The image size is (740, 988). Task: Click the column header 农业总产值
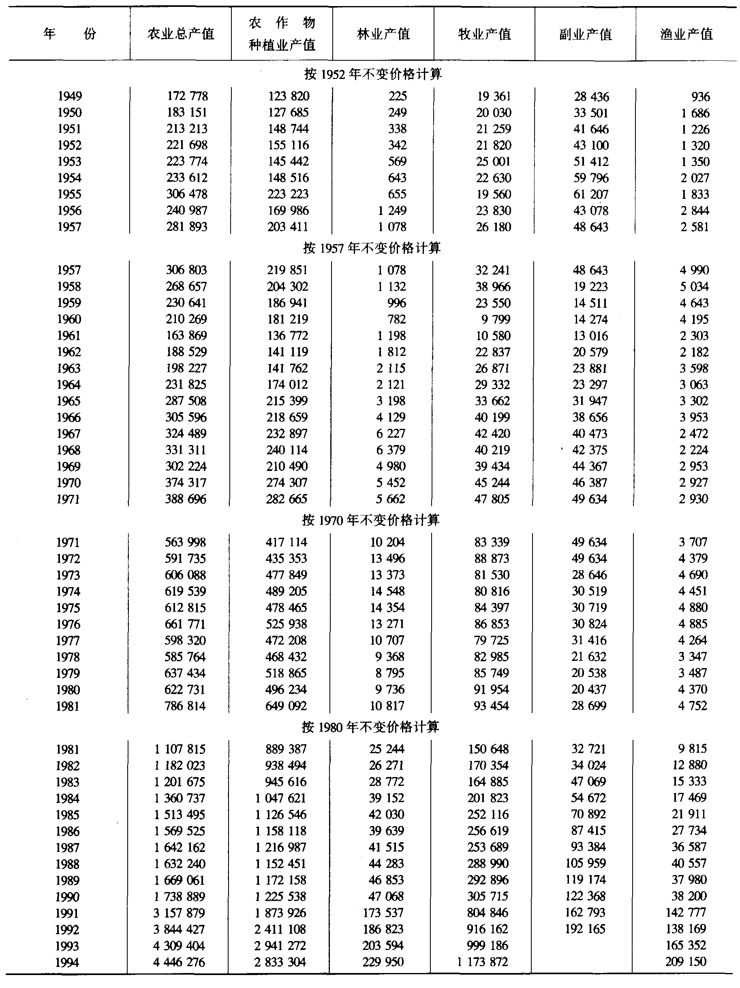(181, 34)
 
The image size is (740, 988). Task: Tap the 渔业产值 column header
(687, 34)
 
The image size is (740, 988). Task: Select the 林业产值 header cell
(383, 34)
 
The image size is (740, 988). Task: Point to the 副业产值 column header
(585, 34)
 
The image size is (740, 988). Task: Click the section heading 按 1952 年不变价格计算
(373, 74)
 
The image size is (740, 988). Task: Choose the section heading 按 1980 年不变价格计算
(370, 727)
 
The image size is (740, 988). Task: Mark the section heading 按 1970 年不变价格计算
(371, 520)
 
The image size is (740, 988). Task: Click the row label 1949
(69, 96)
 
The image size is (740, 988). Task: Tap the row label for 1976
(68, 624)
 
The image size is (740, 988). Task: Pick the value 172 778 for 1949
(187, 96)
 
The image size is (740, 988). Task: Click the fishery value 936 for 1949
(700, 96)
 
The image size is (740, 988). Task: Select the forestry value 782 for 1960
(397, 319)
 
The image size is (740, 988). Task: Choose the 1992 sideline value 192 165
(585, 928)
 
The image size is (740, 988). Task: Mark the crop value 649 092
(286, 706)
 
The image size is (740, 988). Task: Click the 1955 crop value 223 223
(288, 194)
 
